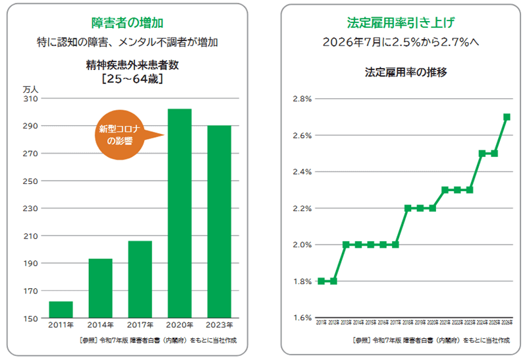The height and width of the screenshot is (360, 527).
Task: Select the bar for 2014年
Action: coord(100,289)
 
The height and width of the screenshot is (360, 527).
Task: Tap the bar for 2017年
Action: coord(140,280)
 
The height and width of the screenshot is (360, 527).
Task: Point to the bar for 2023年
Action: coord(219,222)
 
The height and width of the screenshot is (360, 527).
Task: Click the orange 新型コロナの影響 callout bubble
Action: coord(121,135)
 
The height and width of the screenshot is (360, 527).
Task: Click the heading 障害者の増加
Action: coord(123,22)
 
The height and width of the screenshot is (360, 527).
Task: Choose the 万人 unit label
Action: coord(31,88)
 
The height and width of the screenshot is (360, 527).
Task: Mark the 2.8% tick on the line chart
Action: coord(302,99)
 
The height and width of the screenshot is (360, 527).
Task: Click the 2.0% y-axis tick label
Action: coord(302,245)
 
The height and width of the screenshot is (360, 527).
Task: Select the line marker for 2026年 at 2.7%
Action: coord(507,117)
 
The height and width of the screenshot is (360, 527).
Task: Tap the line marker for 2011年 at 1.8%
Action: coord(321,281)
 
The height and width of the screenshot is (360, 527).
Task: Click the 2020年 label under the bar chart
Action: coord(179,325)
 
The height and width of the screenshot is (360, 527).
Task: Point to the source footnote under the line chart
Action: coord(431,340)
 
